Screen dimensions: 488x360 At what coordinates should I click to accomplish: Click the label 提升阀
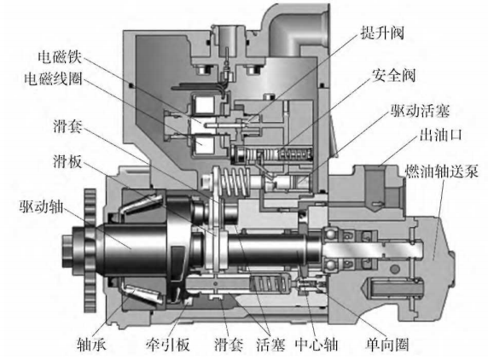(382, 32)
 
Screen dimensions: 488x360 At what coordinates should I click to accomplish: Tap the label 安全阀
(393, 75)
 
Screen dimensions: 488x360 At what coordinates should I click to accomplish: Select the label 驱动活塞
(420, 110)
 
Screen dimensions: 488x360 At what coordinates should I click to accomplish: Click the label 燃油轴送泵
(442, 171)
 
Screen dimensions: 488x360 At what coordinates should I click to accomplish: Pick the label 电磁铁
(60, 57)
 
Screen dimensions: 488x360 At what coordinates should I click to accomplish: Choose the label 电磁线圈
(53, 78)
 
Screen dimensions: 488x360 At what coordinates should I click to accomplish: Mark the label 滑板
(67, 161)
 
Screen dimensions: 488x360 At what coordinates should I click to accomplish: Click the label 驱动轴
(42, 206)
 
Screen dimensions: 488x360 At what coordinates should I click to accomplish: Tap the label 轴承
(91, 344)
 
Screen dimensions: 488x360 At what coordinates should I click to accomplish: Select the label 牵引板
(167, 344)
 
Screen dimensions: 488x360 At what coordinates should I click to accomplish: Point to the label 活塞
(270, 344)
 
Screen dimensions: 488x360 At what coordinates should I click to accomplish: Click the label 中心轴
(317, 344)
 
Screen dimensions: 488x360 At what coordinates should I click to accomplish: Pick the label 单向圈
(386, 344)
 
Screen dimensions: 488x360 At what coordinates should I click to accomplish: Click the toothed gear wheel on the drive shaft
(90, 251)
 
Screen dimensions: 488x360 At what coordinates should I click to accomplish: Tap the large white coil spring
(235, 182)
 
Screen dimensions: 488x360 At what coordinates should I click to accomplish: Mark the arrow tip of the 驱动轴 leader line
(131, 249)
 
